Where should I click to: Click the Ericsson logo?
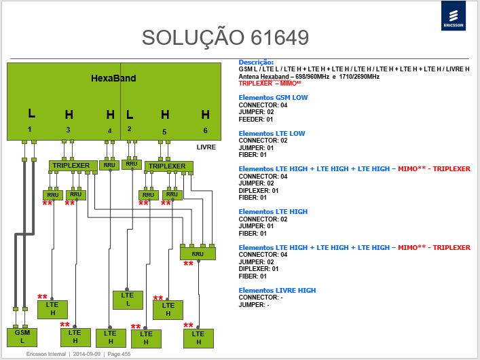[x=454, y=16]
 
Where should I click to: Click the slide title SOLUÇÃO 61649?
[x=225, y=37]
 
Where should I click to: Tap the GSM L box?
[x=22, y=338]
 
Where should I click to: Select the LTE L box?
[x=128, y=300]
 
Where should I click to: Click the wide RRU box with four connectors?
[x=198, y=253]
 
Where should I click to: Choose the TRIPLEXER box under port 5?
[x=168, y=166]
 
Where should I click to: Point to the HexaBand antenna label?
[x=113, y=78]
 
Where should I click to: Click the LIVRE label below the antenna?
[x=206, y=147]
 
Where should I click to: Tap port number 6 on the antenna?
[x=206, y=130]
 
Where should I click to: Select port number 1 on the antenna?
[x=29, y=129]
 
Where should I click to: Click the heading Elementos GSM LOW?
[x=273, y=97]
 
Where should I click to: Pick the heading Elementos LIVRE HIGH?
[x=277, y=290]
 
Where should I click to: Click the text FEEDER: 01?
[x=255, y=119]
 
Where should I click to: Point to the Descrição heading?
[x=256, y=62]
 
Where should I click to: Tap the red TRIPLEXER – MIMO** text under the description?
[x=270, y=84]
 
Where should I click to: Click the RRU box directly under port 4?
[x=109, y=166]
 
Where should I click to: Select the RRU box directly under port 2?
[x=132, y=164]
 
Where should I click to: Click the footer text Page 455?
[x=119, y=354]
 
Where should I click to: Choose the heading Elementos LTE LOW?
[x=272, y=133]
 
